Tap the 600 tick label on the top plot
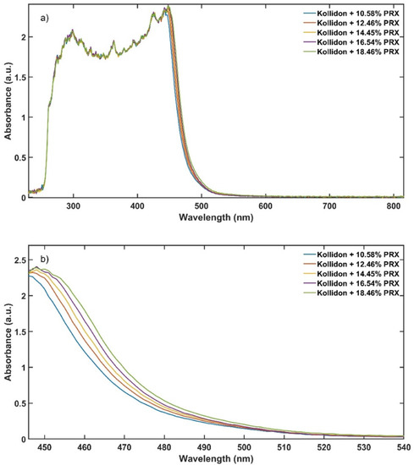click(264, 206)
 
